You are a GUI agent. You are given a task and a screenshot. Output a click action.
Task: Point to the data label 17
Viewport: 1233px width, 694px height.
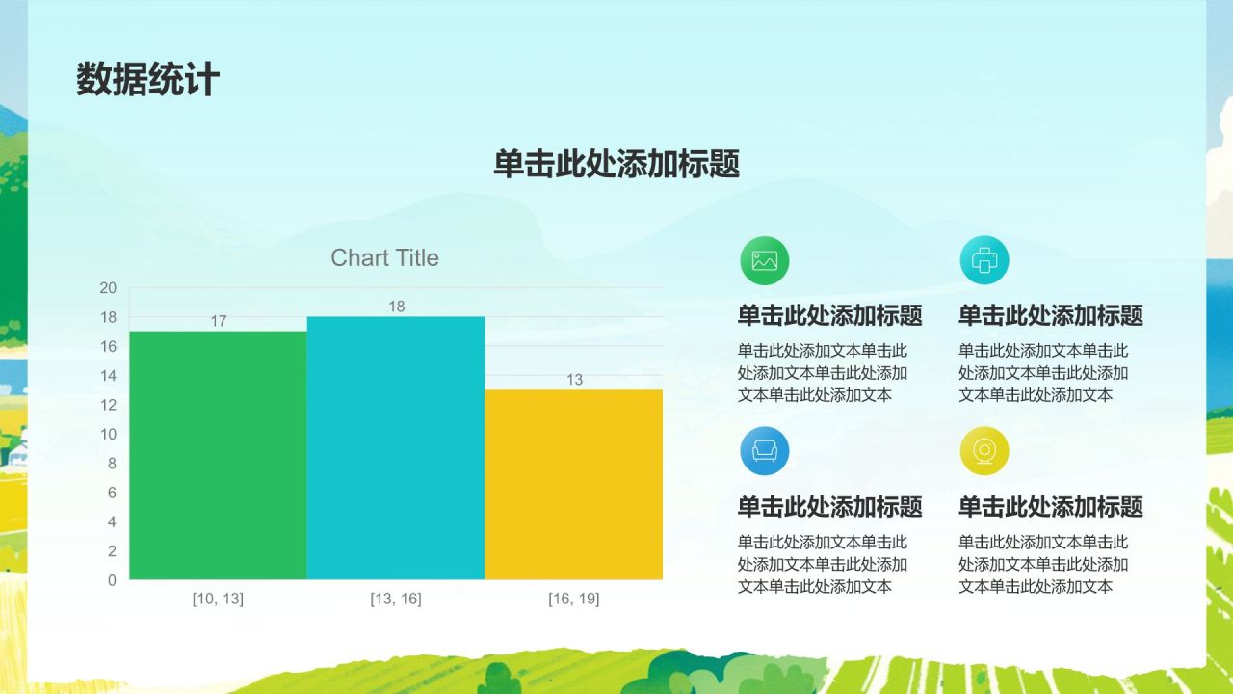coord(219,321)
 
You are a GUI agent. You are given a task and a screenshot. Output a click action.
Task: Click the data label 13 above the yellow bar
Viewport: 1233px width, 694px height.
coord(574,380)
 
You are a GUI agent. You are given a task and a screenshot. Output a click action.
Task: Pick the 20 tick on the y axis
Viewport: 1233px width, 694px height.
coord(108,288)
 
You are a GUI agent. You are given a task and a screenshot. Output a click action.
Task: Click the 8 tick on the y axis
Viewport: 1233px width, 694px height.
coord(112,464)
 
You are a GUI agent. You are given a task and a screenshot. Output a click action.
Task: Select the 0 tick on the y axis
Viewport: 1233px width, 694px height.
coord(112,580)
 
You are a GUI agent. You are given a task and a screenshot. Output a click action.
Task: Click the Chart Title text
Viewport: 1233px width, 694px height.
coord(384,258)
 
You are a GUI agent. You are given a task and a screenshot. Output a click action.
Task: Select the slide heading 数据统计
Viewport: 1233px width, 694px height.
coord(148,80)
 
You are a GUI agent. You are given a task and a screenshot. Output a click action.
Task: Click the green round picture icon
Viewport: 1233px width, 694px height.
coord(765,260)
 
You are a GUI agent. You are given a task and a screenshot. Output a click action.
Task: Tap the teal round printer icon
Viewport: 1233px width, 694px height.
coord(984,260)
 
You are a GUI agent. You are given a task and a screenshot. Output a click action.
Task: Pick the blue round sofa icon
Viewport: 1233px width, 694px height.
coord(765,451)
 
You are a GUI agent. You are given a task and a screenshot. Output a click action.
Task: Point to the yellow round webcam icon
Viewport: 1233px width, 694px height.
coord(984,451)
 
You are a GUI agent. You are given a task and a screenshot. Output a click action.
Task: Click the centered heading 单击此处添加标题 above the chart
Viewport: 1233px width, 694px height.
coord(616,165)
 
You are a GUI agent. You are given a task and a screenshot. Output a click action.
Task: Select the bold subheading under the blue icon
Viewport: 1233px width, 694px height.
coord(830,507)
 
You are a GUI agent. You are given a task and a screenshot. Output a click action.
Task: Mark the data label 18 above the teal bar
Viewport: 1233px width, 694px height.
coord(397,307)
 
